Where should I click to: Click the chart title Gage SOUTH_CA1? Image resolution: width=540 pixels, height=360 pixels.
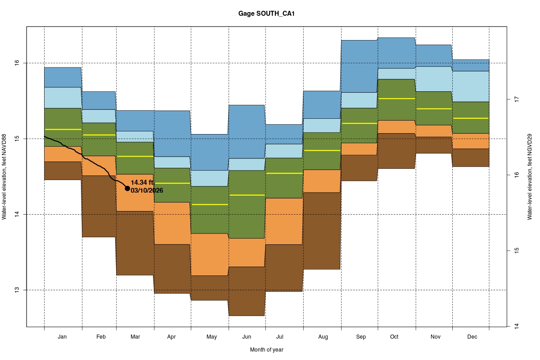point(266,14)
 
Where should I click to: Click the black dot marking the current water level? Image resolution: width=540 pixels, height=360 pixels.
point(127,188)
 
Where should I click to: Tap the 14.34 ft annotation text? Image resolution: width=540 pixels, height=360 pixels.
point(142,182)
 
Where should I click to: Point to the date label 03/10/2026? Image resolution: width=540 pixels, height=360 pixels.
point(147,190)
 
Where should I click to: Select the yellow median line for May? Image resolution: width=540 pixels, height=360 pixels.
point(210,204)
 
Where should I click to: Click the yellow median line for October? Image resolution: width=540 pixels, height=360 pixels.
point(396,99)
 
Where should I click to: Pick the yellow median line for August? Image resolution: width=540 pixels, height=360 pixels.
point(322,150)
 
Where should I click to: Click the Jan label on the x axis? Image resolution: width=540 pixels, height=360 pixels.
point(63,337)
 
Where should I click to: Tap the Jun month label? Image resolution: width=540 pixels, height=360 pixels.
point(247,337)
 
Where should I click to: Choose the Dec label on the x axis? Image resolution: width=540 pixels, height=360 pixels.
point(472,337)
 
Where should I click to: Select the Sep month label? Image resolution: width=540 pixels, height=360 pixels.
point(361,337)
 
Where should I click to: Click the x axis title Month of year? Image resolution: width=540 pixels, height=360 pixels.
point(266,350)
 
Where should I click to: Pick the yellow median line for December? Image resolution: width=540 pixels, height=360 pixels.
point(471,118)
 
